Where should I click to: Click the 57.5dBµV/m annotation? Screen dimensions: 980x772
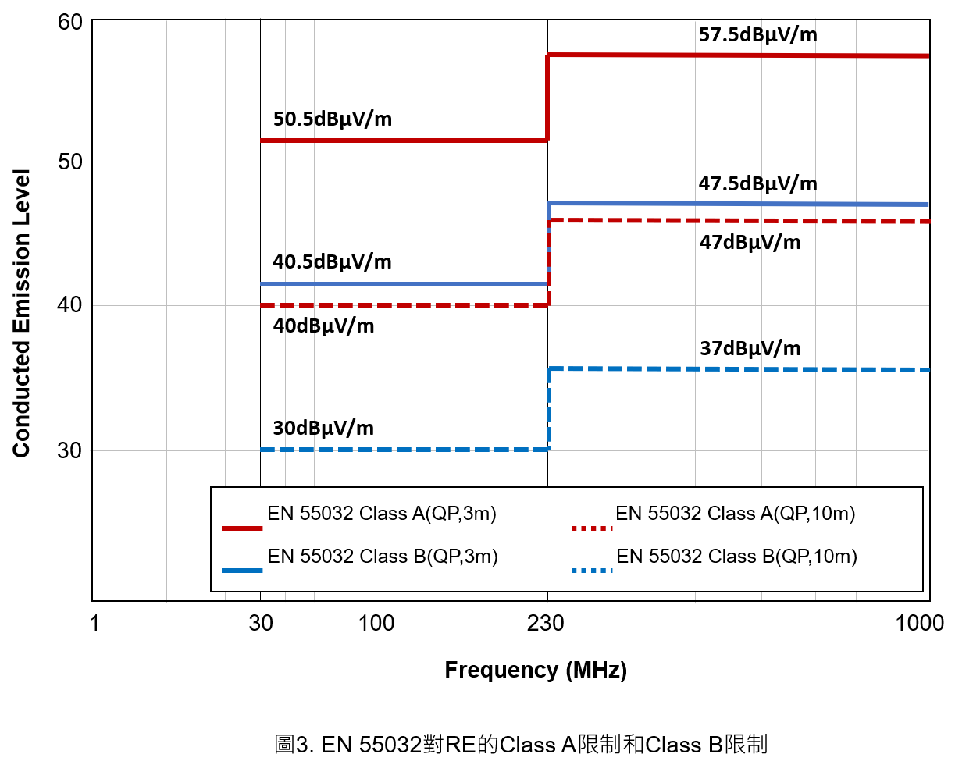(x=757, y=35)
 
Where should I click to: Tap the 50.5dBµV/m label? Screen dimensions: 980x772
(x=333, y=119)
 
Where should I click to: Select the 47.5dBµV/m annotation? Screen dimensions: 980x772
(x=757, y=184)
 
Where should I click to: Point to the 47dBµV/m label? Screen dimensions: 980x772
(x=750, y=243)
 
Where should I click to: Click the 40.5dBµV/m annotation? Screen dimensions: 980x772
(x=332, y=262)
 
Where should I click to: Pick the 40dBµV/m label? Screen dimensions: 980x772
(x=323, y=326)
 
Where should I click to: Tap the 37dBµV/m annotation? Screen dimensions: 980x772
(x=750, y=349)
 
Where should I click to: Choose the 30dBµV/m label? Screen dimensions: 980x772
(x=323, y=429)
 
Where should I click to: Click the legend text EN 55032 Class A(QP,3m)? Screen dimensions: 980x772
(x=382, y=514)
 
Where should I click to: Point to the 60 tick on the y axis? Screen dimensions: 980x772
(x=70, y=23)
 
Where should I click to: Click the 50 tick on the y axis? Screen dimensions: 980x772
(x=70, y=162)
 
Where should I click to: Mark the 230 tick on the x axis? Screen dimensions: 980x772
(x=546, y=623)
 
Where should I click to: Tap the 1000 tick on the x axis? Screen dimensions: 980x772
(x=919, y=623)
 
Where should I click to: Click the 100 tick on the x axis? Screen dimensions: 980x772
(x=376, y=623)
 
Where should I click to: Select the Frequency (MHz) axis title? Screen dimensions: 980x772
(x=536, y=670)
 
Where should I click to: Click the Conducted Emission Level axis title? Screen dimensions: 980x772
(x=21, y=313)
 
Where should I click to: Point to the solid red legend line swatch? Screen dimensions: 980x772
(x=242, y=528)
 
